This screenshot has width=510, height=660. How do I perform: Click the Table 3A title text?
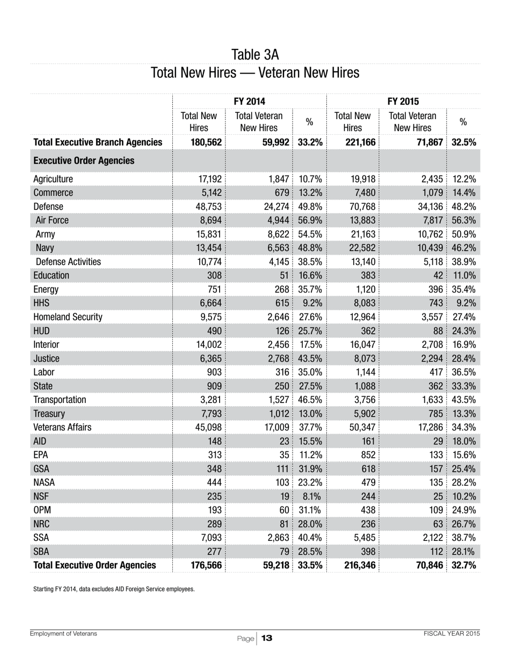pyautogui.click(x=255, y=55)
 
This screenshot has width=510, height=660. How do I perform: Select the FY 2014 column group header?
pyautogui.click(x=249, y=101)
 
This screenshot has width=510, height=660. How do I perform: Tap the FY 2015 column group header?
pyautogui.click(x=403, y=101)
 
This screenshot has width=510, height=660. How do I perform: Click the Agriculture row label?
pyautogui.click(x=53, y=179)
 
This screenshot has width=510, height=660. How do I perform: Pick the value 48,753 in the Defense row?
pyautogui.click(x=207, y=207)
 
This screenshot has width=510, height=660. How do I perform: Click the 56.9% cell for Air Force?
pyautogui.click(x=309, y=221)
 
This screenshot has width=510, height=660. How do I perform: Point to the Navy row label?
pyautogui.click(x=45, y=248)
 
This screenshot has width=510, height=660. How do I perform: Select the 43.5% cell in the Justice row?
pyautogui.click(x=309, y=358)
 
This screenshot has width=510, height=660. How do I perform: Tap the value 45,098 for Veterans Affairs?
pyautogui.click(x=207, y=428)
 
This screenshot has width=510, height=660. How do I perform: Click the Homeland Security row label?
pyautogui.click(x=68, y=317)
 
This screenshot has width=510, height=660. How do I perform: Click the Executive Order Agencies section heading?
pyautogui.click(x=84, y=161)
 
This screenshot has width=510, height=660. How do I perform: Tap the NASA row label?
pyautogui.click(x=44, y=483)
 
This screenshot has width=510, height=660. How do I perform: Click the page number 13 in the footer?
pyautogui.click(x=267, y=638)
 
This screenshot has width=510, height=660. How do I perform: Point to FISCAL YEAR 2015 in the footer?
pyautogui.click(x=451, y=634)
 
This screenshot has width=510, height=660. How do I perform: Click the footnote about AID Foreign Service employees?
pyautogui.click(x=114, y=589)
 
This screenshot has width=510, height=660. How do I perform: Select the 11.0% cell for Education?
pyautogui.click(x=463, y=276)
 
